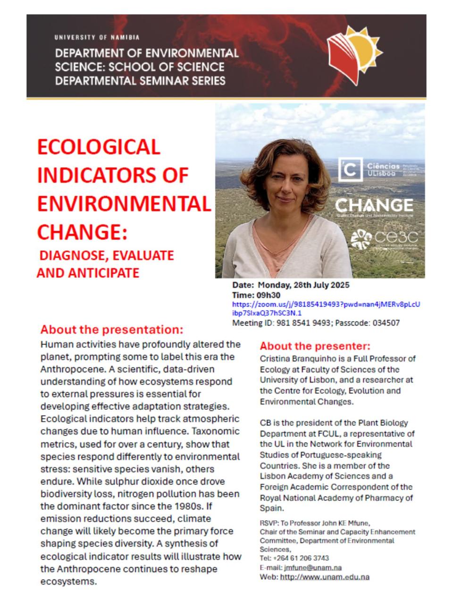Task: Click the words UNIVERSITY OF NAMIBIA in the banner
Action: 97,37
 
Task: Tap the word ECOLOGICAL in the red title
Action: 99,147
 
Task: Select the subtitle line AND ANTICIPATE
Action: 88,273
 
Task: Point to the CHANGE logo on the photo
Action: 374,205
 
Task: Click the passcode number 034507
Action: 384,323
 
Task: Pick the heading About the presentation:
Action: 112,329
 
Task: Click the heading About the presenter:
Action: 315,346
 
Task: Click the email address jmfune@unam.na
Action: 313,567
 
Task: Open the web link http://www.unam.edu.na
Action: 325,577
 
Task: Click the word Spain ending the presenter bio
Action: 271,508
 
